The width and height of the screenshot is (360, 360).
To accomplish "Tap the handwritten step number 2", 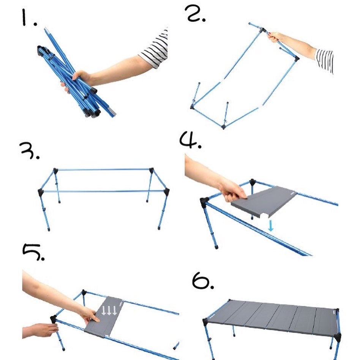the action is (195, 14).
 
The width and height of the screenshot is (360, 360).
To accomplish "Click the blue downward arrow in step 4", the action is (271, 226).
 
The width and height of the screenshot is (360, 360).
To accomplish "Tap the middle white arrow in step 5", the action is (109, 310).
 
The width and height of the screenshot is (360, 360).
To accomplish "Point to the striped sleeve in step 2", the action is (324, 60).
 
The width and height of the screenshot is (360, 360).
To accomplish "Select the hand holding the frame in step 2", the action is (275, 37).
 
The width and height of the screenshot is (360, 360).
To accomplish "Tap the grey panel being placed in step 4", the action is (264, 201).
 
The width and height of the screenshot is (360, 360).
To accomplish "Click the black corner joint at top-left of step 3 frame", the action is (55, 171).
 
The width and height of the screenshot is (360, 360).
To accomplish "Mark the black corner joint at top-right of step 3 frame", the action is (151, 171).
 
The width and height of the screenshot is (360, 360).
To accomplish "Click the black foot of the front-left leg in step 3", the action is (49, 229).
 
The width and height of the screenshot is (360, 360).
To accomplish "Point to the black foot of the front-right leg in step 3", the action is (159, 228).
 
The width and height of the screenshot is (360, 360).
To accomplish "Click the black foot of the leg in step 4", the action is (216, 247).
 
